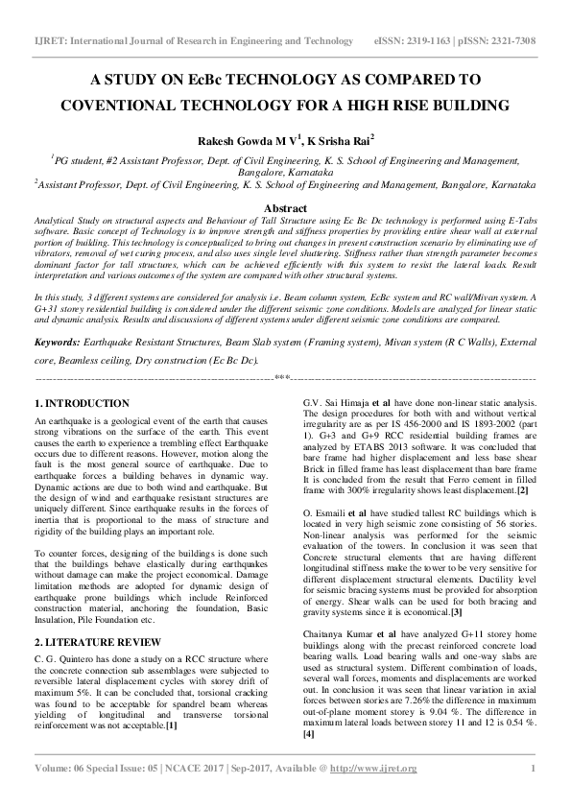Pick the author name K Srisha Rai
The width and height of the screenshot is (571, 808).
click(x=342, y=141)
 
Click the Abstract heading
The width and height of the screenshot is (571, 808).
click(x=285, y=208)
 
